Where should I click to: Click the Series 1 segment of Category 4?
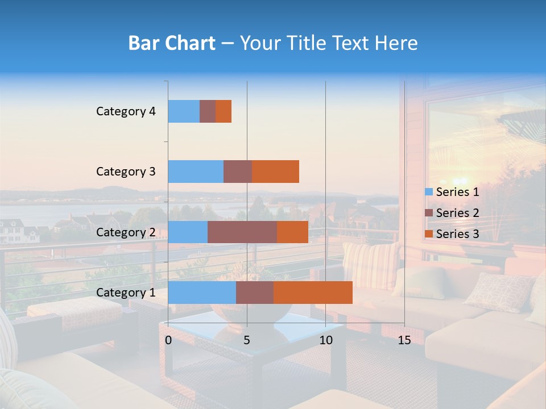184,111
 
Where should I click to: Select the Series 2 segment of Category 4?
208,111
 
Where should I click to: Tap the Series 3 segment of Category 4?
224,111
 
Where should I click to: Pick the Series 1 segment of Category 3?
196,172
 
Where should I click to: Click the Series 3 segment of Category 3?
275,172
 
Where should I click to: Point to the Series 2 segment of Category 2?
242,232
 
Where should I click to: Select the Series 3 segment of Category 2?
292,232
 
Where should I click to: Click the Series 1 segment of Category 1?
202,292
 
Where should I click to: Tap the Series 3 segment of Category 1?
313,292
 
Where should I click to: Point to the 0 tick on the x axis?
168,340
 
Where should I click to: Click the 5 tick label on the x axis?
247,340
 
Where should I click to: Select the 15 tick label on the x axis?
404,340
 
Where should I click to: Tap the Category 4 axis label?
126,111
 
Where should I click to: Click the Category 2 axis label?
126,232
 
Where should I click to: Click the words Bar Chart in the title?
172,43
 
